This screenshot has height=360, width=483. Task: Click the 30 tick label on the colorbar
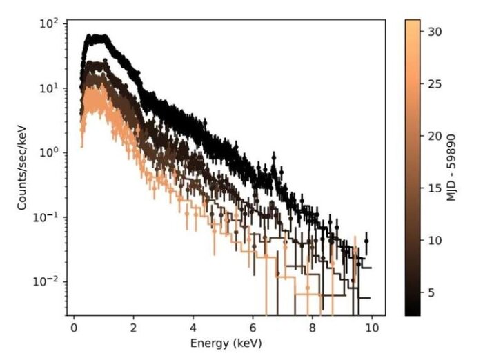tap(434, 32)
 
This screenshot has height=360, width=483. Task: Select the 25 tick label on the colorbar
tap(434, 84)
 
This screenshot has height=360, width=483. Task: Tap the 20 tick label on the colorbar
tap(434, 136)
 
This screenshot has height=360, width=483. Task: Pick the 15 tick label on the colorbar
tap(434, 188)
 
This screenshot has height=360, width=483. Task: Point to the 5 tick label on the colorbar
tap(431, 292)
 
